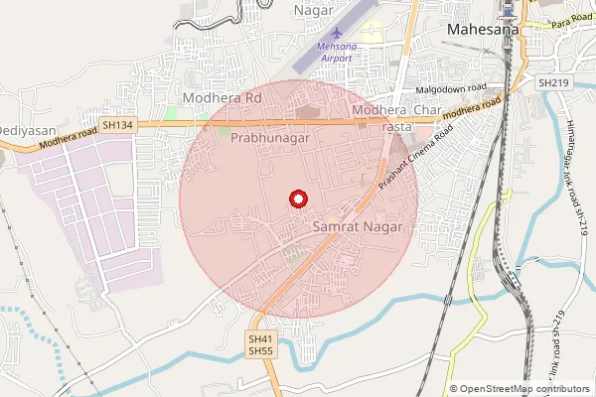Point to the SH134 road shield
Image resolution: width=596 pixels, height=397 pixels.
(115, 125)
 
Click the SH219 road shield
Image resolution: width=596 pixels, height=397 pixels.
(549, 83)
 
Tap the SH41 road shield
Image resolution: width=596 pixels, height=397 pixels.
(259, 338)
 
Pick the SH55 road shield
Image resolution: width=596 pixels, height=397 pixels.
(259, 351)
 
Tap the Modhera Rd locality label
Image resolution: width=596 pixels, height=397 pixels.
(222, 99)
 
